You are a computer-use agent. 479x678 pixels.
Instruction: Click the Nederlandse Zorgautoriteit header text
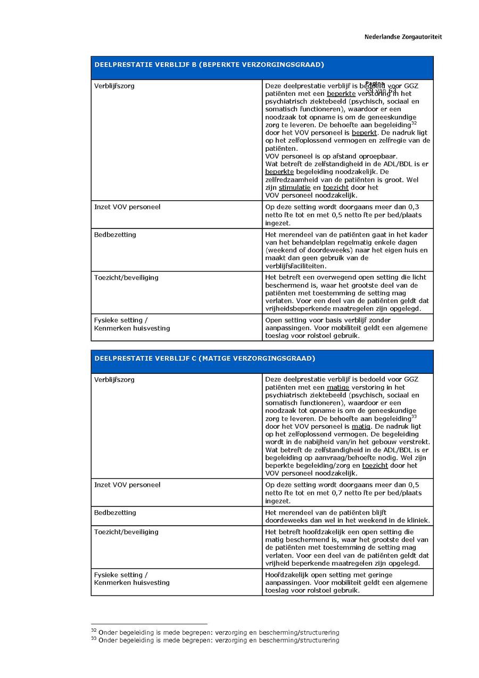point(403,37)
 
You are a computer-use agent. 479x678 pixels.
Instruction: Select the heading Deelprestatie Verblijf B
point(209,65)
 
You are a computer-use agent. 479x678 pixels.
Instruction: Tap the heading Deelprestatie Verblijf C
point(204,358)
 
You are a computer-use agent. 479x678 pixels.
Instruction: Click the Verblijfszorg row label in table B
point(114,86)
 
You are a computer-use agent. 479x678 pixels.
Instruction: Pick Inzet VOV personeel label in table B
point(127,207)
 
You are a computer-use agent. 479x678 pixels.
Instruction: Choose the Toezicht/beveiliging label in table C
point(126,532)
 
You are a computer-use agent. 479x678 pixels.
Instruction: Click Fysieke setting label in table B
point(121,320)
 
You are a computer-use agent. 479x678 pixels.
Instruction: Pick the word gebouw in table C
point(374,442)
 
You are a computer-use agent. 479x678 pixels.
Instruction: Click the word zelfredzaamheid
point(293,180)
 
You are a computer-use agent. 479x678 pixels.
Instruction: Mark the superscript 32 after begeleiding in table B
point(414,123)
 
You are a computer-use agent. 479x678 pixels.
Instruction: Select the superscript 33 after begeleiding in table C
point(414,416)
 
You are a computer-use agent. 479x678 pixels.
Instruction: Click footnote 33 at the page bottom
point(215,640)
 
